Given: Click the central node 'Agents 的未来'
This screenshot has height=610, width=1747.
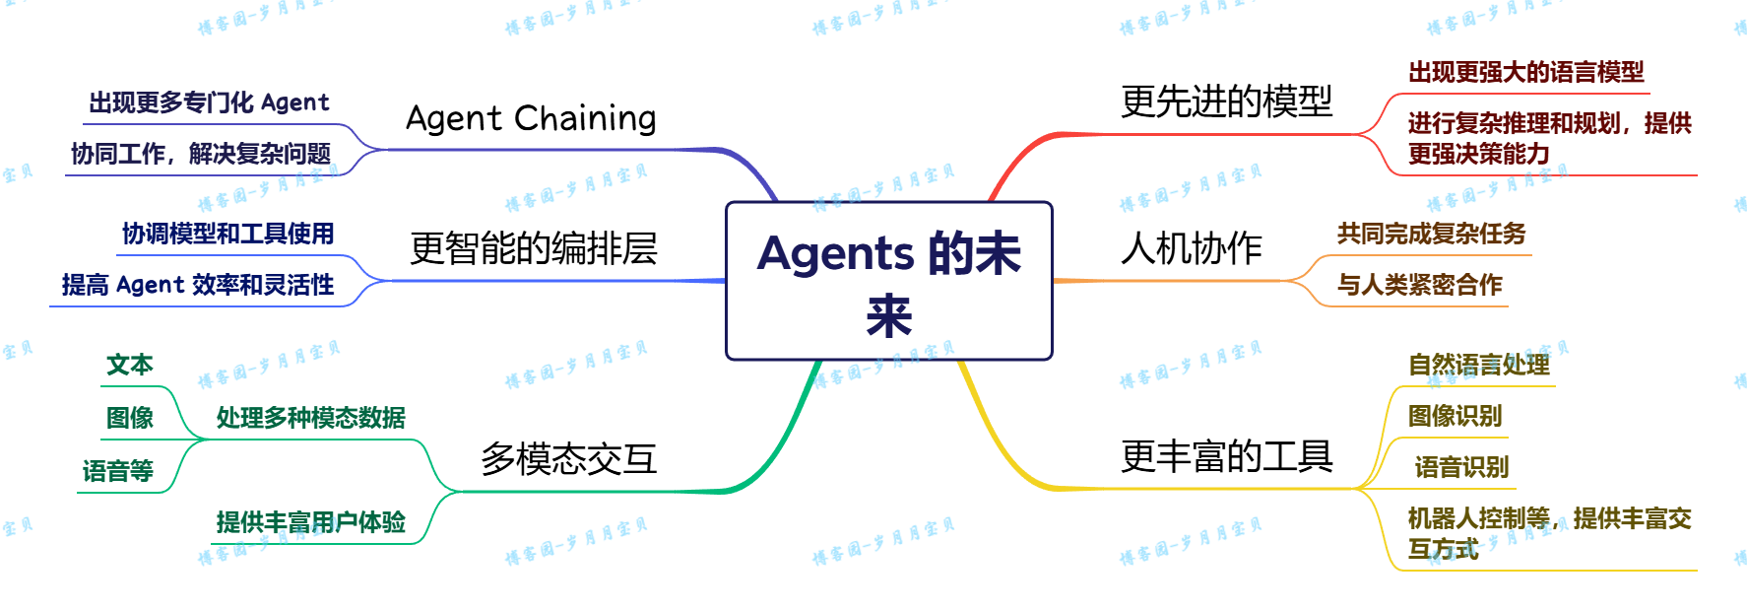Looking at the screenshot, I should pyautogui.click(x=889, y=281).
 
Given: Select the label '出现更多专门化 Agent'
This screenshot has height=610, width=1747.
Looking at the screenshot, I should pyautogui.click(x=209, y=102).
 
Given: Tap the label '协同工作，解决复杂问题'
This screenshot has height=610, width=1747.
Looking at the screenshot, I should pyautogui.click(x=200, y=154).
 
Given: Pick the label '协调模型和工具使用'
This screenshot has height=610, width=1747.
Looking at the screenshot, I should pyautogui.click(x=228, y=234).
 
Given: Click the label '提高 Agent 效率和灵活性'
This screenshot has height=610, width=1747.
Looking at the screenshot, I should pyautogui.click(x=198, y=285).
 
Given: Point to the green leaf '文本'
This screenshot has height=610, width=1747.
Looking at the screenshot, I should pyautogui.click(x=129, y=365).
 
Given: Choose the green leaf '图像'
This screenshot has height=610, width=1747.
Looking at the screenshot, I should pyautogui.click(x=129, y=418).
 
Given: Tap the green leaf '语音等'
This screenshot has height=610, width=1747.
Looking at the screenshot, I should pyautogui.click(x=118, y=471).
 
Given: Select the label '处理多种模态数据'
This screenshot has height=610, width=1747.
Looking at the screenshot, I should pyautogui.click(x=310, y=418).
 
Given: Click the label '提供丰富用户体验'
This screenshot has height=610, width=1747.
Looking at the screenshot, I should pyautogui.click(x=310, y=522).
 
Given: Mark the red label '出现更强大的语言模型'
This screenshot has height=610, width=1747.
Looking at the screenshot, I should pyautogui.click(x=1525, y=72).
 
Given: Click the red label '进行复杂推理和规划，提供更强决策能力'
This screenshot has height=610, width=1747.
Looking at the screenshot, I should pyautogui.click(x=1548, y=138).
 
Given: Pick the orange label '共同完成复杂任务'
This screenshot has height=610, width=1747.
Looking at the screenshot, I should pyautogui.click(x=1431, y=234).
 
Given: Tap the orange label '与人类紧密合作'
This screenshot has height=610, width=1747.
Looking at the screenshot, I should pyautogui.click(x=1419, y=285).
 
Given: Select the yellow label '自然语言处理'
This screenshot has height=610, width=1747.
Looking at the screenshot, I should pyautogui.click(x=1478, y=365).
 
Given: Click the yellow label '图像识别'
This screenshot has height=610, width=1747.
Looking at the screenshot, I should pyautogui.click(x=1455, y=416).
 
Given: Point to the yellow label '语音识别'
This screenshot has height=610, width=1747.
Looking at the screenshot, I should pyautogui.click(x=1461, y=467).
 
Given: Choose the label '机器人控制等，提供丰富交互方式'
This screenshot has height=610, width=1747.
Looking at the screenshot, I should pyautogui.click(x=1548, y=533).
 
